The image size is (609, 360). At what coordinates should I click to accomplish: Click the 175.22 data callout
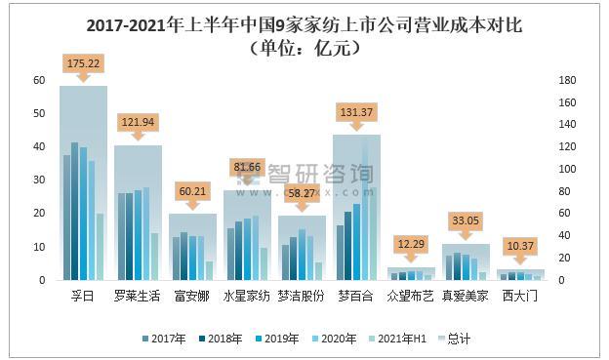[x=82, y=63]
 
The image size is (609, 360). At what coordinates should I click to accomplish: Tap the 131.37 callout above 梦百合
[x=355, y=111]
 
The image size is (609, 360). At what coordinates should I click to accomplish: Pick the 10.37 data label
[x=519, y=245]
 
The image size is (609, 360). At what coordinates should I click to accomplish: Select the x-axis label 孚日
[x=82, y=296]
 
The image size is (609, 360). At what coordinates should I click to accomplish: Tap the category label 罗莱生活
[x=137, y=296]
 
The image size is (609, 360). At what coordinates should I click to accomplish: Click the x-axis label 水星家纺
[x=247, y=296]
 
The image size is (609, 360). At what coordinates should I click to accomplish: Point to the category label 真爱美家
[x=466, y=296]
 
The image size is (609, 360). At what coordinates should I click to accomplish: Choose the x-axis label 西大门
[x=520, y=296]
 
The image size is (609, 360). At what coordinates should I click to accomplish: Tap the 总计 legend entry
[x=450, y=339]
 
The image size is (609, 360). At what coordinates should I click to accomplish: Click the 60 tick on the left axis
[x=39, y=80]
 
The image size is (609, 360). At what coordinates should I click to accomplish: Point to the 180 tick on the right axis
[x=565, y=80]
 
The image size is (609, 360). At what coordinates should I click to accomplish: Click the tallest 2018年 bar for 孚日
[x=74, y=211]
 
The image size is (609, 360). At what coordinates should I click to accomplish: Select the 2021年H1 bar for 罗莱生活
[x=154, y=257]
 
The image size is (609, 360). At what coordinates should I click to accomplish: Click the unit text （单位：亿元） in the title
[x=304, y=49]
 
